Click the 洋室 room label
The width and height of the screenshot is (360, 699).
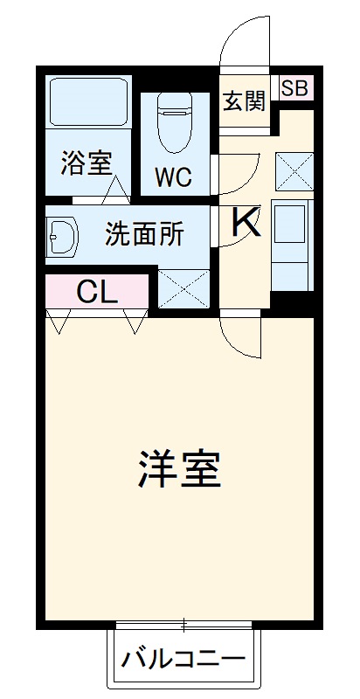pyautogui.click(x=179, y=469)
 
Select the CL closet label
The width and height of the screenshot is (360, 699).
pyautogui.click(x=96, y=292)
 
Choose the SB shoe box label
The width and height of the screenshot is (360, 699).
pyautogui.click(x=294, y=87)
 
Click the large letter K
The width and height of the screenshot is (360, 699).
pyautogui.click(x=246, y=223)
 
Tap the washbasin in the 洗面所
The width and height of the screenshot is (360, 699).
pyautogui.click(x=62, y=235)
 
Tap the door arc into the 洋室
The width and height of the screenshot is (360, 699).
pyautogui.click(x=243, y=337)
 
